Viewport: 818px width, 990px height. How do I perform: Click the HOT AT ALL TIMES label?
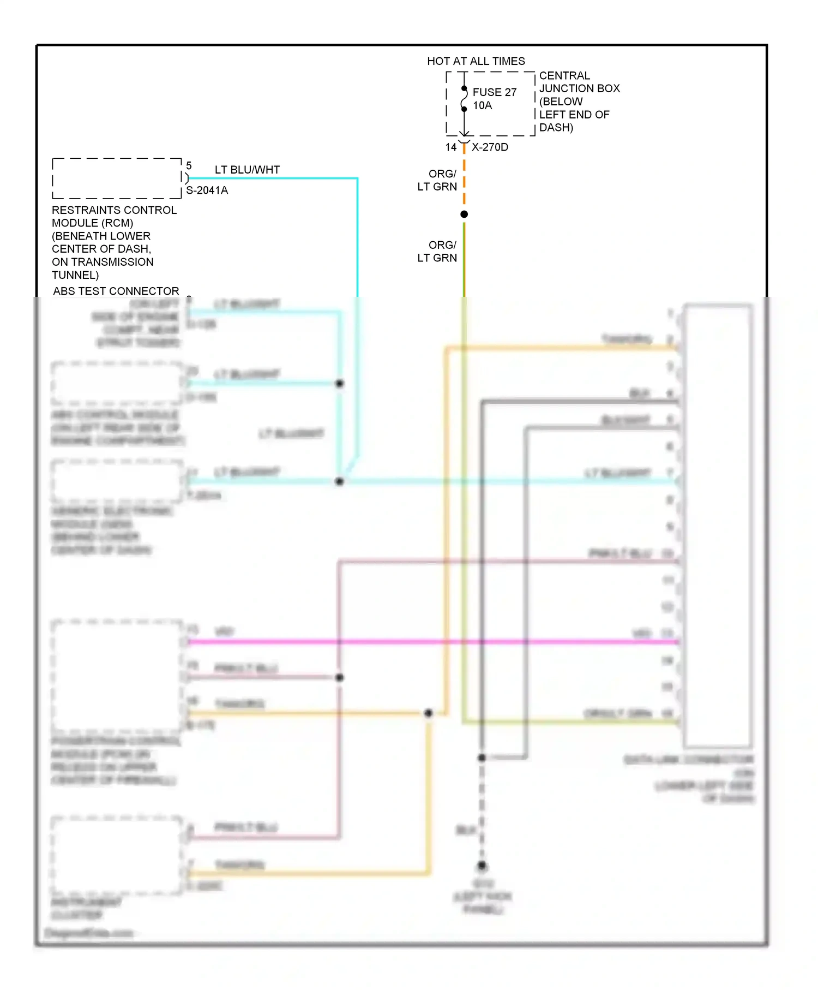pos(476,61)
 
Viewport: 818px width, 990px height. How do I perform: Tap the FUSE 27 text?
pos(494,92)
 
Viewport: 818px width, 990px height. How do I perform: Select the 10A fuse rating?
pos(482,105)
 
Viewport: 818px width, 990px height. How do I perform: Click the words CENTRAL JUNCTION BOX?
pos(579,82)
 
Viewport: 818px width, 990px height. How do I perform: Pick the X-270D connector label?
pos(490,147)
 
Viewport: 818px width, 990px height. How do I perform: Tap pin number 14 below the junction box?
pos(451,147)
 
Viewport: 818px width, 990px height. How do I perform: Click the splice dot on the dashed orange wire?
pos(464,214)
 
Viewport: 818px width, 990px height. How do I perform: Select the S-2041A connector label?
pos(207,190)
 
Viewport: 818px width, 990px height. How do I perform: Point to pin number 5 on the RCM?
pos(189,165)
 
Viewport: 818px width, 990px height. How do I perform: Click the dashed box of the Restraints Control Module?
pos(117,178)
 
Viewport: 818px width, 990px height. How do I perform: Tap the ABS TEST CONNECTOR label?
pos(116,291)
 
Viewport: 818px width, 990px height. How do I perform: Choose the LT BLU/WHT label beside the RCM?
pos(247,170)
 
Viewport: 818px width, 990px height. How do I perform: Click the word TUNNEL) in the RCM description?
pos(75,275)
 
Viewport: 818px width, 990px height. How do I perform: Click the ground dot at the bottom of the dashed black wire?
pos(482,865)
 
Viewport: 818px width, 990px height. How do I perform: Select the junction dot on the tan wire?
pos(429,713)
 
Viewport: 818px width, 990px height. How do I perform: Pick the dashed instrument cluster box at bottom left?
pos(117,856)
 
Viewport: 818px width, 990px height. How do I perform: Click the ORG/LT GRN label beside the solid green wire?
pos(437,252)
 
